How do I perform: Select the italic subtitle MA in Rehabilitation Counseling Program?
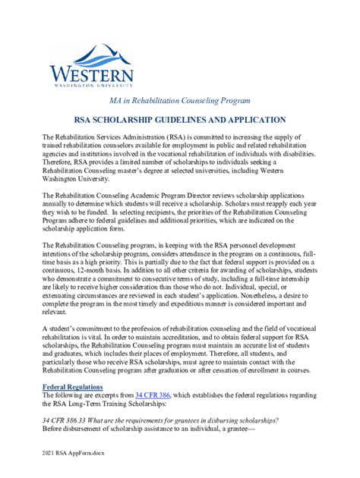point(179,100)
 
